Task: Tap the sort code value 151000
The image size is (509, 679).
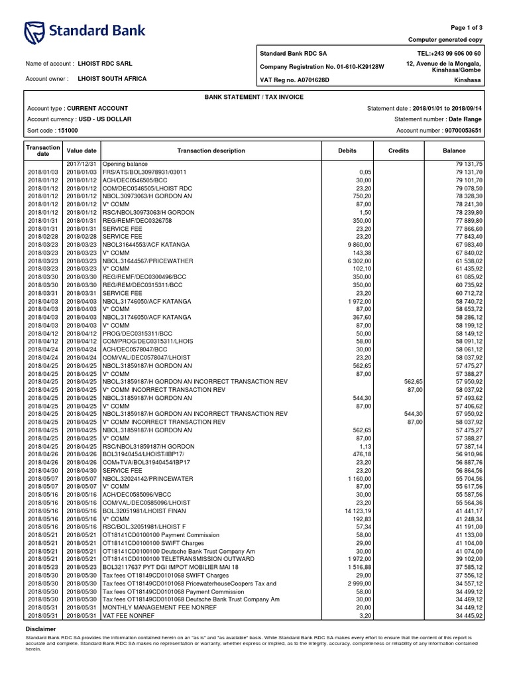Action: pos(67,131)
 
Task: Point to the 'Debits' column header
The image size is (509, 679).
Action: pos(347,151)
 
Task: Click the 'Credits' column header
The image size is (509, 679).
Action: pos(398,151)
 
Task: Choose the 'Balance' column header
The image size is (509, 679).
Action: pos(454,151)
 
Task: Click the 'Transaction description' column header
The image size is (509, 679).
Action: pos(211,151)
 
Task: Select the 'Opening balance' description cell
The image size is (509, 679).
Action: pos(125,163)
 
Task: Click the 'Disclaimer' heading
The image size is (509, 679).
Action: pos(40,628)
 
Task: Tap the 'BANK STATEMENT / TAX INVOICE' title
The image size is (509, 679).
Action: pos(254,97)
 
